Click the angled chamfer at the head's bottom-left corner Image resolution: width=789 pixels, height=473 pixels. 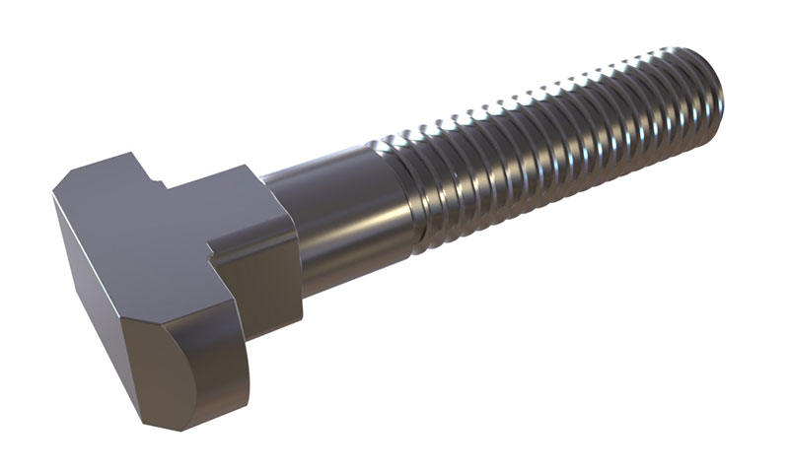[x=148, y=419]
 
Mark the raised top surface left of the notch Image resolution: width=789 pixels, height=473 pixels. [x=108, y=168]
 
